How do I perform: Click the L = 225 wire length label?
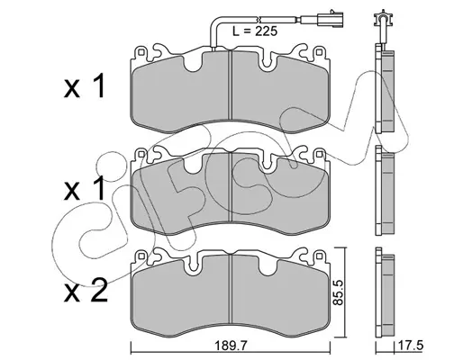[x=255, y=31]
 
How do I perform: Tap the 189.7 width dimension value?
[x=230, y=346]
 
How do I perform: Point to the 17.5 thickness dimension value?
[x=410, y=346]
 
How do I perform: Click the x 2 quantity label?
[x=86, y=290]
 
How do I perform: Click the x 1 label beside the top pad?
[x=85, y=85]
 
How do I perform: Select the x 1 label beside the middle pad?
[x=85, y=188]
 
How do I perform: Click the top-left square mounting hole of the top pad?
[x=141, y=53]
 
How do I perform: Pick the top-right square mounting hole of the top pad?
[x=318, y=53]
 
